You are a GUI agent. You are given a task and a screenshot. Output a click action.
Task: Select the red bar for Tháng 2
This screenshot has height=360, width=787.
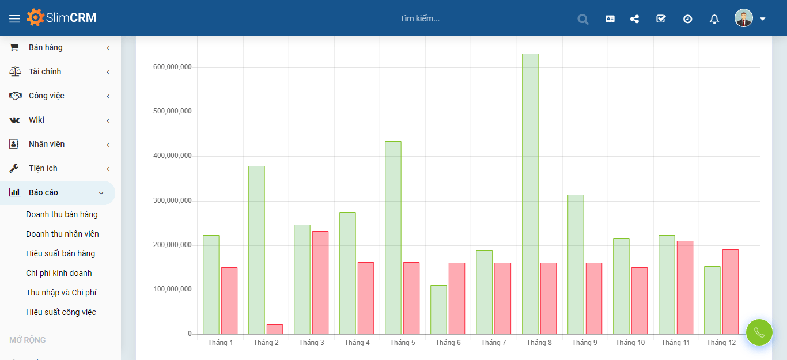click(x=275, y=329)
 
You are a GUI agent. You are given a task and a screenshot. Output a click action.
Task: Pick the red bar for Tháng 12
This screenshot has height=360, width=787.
click(x=730, y=291)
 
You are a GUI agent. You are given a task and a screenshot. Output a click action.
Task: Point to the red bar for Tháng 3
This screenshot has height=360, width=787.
click(x=320, y=282)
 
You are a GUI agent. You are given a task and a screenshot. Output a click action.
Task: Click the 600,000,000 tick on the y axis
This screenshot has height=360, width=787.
click(x=172, y=67)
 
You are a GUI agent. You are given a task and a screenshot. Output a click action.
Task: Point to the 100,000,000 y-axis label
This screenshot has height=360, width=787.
click(x=172, y=290)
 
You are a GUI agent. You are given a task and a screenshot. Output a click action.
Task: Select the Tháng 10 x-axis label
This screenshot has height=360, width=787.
click(x=630, y=343)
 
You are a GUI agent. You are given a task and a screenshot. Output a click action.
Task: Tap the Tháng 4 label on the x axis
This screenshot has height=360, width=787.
click(x=357, y=343)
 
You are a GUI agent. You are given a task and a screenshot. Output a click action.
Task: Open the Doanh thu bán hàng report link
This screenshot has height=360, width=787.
click(x=62, y=214)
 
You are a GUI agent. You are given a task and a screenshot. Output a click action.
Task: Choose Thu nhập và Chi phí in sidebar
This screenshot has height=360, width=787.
click(x=61, y=293)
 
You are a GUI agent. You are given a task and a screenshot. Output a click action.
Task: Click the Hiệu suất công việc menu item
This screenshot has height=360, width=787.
click(x=61, y=312)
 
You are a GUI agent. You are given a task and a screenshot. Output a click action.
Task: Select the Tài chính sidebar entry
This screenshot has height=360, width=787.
click(x=45, y=71)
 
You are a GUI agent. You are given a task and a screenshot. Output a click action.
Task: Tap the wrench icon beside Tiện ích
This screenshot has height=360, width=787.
click(x=14, y=168)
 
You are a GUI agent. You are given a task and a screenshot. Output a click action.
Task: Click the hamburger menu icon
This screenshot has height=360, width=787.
click(x=14, y=18)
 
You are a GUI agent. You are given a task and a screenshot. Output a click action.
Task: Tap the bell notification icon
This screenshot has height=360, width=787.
click(x=714, y=19)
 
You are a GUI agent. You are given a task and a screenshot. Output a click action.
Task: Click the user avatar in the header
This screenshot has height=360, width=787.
click(x=743, y=18)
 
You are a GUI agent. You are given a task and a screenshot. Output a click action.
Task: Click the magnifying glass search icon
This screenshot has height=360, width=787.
click(x=583, y=19)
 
